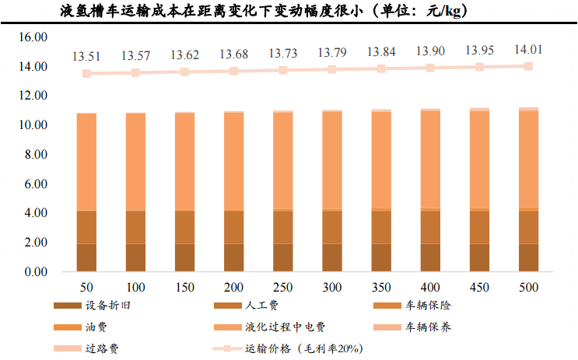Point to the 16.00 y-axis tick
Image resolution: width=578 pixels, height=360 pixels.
coord(33,37)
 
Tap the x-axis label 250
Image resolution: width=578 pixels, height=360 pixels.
coord(282,288)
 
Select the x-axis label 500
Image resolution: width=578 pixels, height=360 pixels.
coord(528,288)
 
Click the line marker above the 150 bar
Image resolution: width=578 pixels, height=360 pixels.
coord(184,72)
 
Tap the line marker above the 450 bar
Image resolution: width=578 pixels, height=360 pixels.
coord(479,67)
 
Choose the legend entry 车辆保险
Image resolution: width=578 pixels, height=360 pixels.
coord(426,306)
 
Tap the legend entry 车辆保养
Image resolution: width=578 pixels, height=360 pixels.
coord(426,327)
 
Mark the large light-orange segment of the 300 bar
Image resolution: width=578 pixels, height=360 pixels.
coord(332,160)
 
